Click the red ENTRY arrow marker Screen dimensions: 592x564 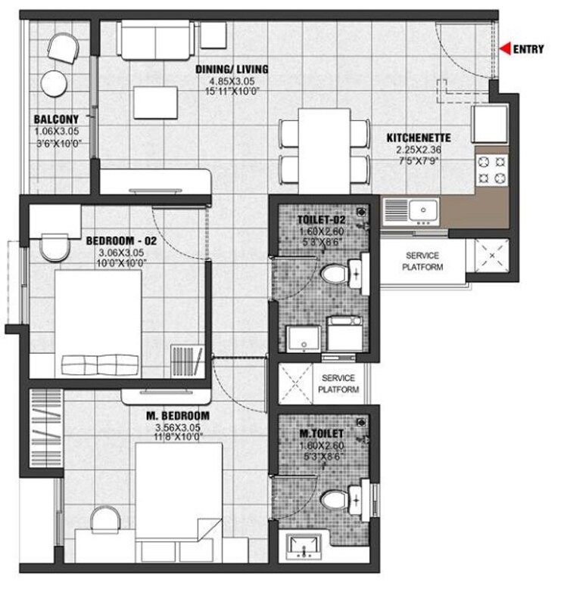pyautogui.click(x=506, y=49)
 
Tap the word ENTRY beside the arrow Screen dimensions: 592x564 pyautogui.click(x=528, y=50)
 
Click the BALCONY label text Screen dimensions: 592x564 pyautogui.click(x=56, y=119)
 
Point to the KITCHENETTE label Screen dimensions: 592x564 pyautogui.click(x=418, y=138)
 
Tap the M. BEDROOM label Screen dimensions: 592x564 pyautogui.click(x=179, y=416)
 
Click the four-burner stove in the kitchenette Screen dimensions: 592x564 pyautogui.click(x=491, y=172)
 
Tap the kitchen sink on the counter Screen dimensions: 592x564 pyautogui.click(x=421, y=208)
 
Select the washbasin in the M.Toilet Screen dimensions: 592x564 pyautogui.click(x=307, y=544)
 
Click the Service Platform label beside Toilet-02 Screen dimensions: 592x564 pyautogui.click(x=422, y=262)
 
